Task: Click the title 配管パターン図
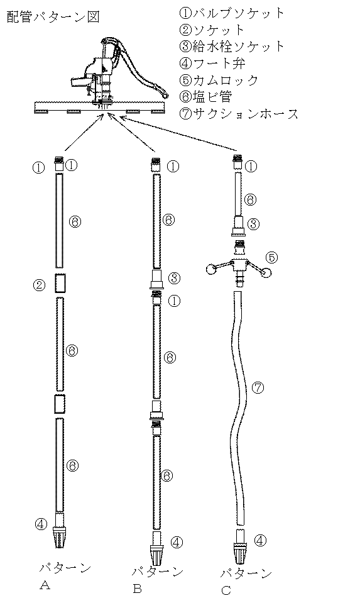click(53, 17)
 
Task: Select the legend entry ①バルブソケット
click(232, 13)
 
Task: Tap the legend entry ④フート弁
click(212, 63)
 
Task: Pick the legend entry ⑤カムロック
click(219, 80)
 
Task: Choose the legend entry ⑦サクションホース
click(239, 114)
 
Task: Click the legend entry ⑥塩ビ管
click(205, 97)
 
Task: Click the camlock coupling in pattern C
click(238, 265)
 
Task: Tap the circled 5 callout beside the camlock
click(271, 257)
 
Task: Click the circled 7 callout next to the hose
click(258, 387)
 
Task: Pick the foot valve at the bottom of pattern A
click(59, 531)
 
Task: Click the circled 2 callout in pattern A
click(39, 285)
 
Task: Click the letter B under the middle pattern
click(138, 589)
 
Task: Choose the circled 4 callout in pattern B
click(177, 542)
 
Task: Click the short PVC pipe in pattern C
click(238, 194)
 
